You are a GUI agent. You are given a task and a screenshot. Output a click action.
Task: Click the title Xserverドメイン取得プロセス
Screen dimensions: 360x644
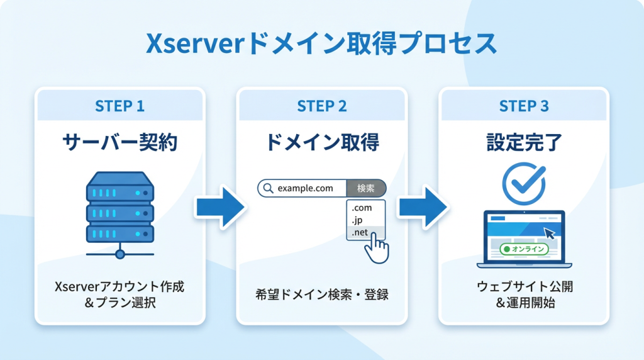click(321, 45)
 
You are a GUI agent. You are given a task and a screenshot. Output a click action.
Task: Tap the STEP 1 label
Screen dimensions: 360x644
click(119, 106)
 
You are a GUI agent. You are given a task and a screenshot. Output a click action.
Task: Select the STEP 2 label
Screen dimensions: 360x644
click(321, 106)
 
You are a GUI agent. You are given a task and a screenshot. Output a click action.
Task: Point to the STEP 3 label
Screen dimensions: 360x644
click(524, 106)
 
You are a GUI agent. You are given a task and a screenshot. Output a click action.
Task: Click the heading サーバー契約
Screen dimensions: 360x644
click(119, 143)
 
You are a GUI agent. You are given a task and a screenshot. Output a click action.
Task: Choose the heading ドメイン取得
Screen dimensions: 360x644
click(321, 143)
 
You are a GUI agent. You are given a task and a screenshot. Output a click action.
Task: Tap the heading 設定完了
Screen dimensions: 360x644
click(524, 143)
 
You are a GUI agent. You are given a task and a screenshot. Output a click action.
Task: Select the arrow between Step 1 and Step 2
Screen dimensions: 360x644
click(219, 206)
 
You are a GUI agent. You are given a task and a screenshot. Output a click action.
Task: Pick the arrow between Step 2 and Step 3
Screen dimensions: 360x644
click(422, 206)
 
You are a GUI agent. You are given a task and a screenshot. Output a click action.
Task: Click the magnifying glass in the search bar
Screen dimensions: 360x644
click(268, 188)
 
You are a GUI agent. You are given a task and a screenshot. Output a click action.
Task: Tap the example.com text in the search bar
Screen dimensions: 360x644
click(305, 188)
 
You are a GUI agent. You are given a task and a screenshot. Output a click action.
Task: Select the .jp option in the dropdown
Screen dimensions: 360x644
click(358, 220)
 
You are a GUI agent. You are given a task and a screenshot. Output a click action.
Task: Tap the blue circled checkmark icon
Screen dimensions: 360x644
click(524, 183)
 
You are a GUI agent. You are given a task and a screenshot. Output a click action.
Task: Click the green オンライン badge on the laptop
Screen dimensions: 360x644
click(523, 249)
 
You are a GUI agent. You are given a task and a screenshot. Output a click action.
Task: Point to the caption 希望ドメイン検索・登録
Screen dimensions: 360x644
click(321, 293)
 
